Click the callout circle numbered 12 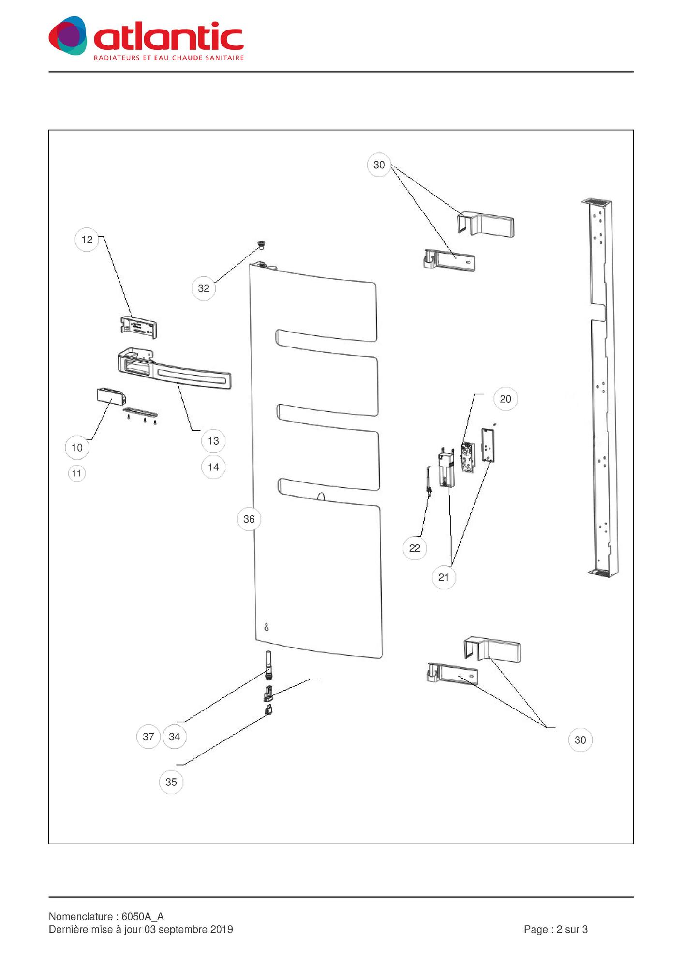point(87,240)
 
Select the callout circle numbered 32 point(204,288)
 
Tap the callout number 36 point(249,519)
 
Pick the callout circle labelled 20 point(505,399)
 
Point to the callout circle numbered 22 point(415,548)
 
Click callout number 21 point(444,577)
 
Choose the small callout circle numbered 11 point(76,473)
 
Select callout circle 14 point(213,467)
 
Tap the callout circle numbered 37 point(148,737)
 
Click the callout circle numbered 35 point(171,782)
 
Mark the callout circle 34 point(174,737)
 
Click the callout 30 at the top point(379,165)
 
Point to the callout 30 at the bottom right point(580,740)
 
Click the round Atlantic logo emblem point(68,36)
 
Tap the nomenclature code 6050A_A point(142,917)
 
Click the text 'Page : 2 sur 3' point(555,929)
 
